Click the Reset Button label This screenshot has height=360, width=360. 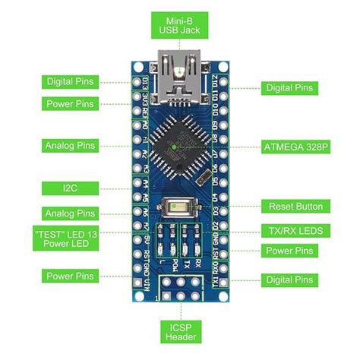point(295,206)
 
